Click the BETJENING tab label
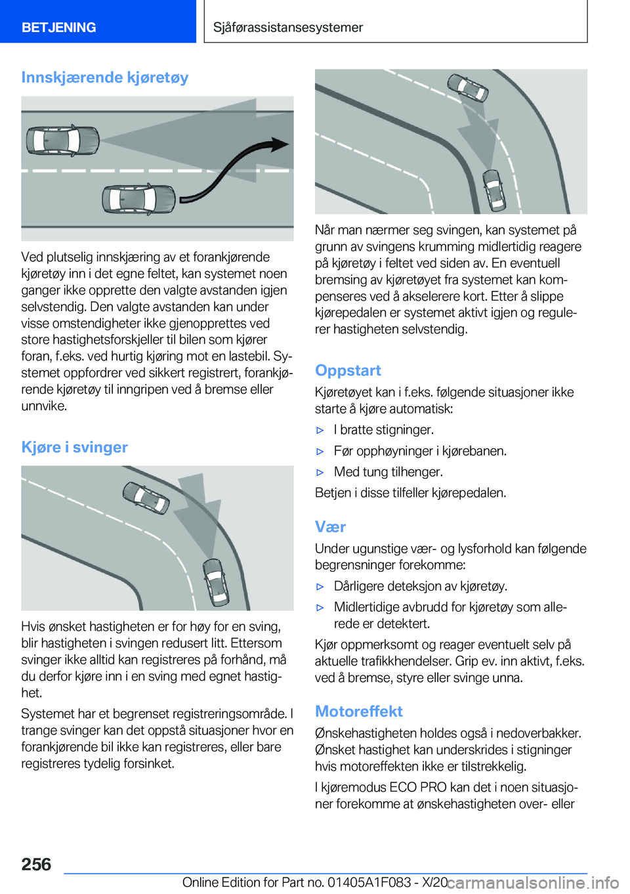(x=58, y=28)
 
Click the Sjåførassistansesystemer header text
(x=287, y=28)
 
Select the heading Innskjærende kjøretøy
(x=105, y=77)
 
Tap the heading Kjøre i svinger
(x=74, y=447)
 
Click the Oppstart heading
(x=348, y=370)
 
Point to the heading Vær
(x=330, y=526)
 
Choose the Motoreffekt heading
(x=358, y=711)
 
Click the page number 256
(x=36, y=864)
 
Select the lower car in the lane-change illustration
(x=138, y=199)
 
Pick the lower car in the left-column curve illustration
(x=215, y=581)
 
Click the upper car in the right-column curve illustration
(x=468, y=88)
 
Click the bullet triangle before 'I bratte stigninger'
(x=320, y=431)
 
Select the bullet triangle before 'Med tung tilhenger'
(x=320, y=473)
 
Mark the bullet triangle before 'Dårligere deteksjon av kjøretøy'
(x=320, y=587)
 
